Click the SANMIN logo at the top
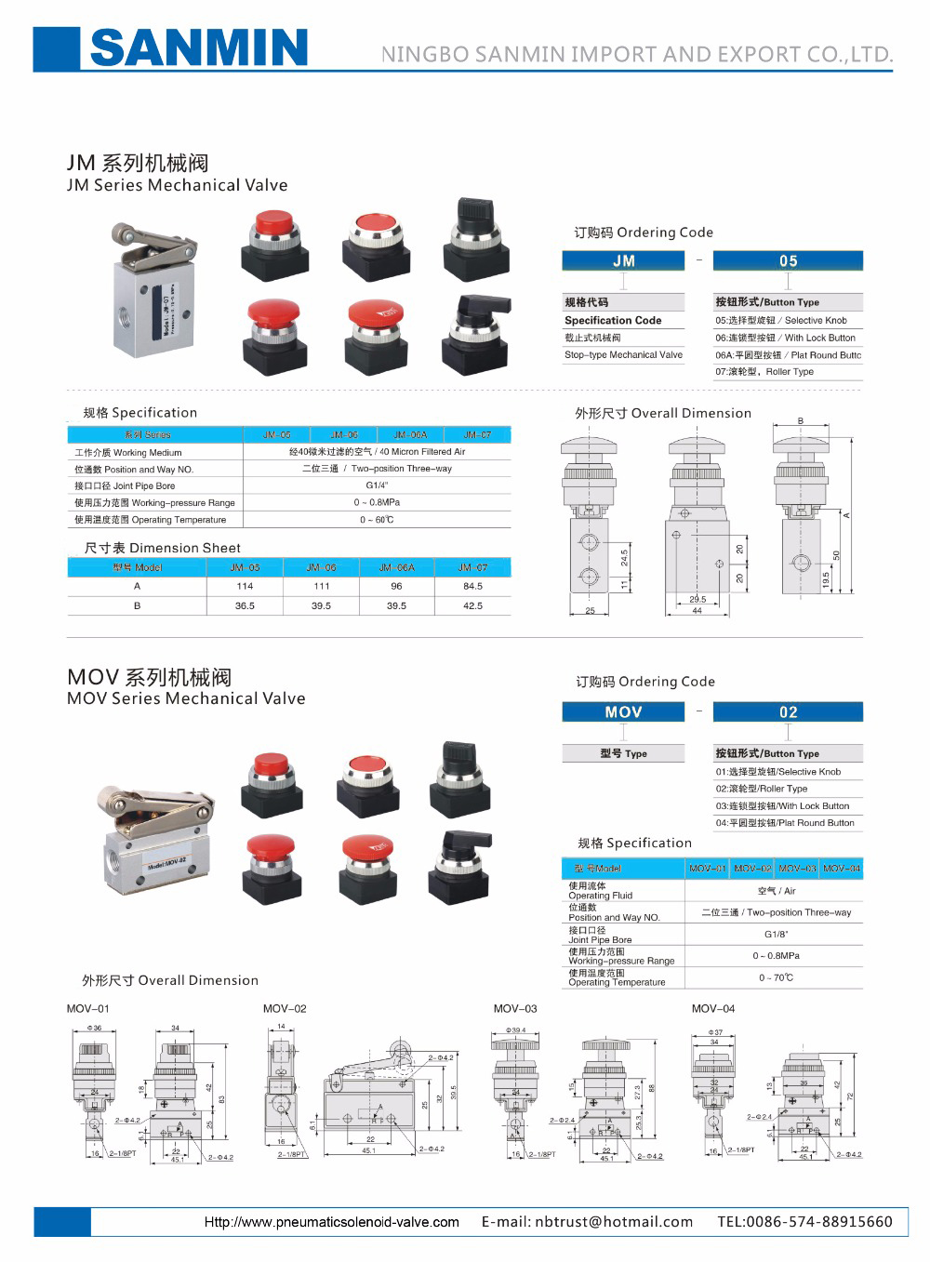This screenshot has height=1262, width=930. click(x=197, y=47)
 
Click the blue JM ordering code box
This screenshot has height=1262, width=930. click(x=623, y=261)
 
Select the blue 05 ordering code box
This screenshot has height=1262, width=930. click(x=788, y=261)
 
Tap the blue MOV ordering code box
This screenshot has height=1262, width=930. click(x=623, y=712)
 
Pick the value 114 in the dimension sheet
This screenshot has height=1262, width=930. click(x=245, y=586)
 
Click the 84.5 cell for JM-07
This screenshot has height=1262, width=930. click(x=472, y=586)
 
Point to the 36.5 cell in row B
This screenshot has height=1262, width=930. click(x=245, y=605)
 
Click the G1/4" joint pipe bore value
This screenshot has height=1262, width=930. click(x=377, y=485)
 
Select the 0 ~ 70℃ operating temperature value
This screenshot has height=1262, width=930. click(x=776, y=977)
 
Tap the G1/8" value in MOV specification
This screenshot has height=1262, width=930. click(x=776, y=935)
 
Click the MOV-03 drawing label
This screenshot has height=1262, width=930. click(x=515, y=1008)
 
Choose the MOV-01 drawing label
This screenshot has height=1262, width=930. click(x=87, y=1008)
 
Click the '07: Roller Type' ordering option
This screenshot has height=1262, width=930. click(x=764, y=372)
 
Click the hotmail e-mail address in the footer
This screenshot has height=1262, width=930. click(x=587, y=1222)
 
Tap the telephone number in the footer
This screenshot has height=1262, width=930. click(x=804, y=1222)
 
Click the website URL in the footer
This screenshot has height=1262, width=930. click(x=331, y=1222)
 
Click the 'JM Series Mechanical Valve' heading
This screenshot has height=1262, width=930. click(x=177, y=185)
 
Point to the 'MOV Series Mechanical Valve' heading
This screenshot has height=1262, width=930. click(x=186, y=698)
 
